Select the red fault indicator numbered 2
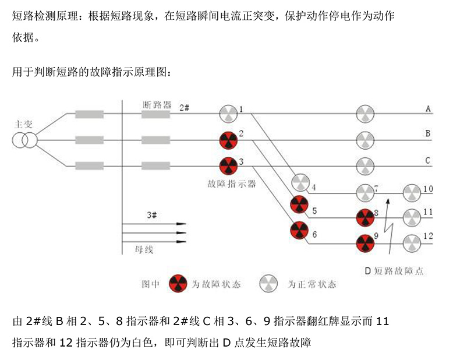point(228,140)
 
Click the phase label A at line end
point(428,109)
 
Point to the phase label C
point(427,161)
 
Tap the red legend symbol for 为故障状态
point(177,284)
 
